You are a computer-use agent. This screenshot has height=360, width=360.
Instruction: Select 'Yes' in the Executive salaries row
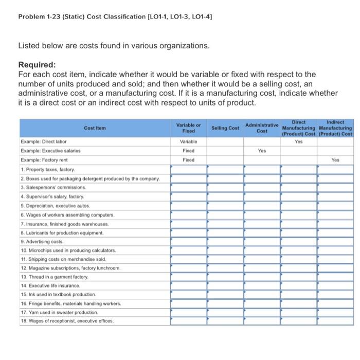pyautogui.click(x=262, y=151)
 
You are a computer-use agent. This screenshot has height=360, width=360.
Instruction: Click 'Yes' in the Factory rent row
pyautogui.click(x=335, y=160)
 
